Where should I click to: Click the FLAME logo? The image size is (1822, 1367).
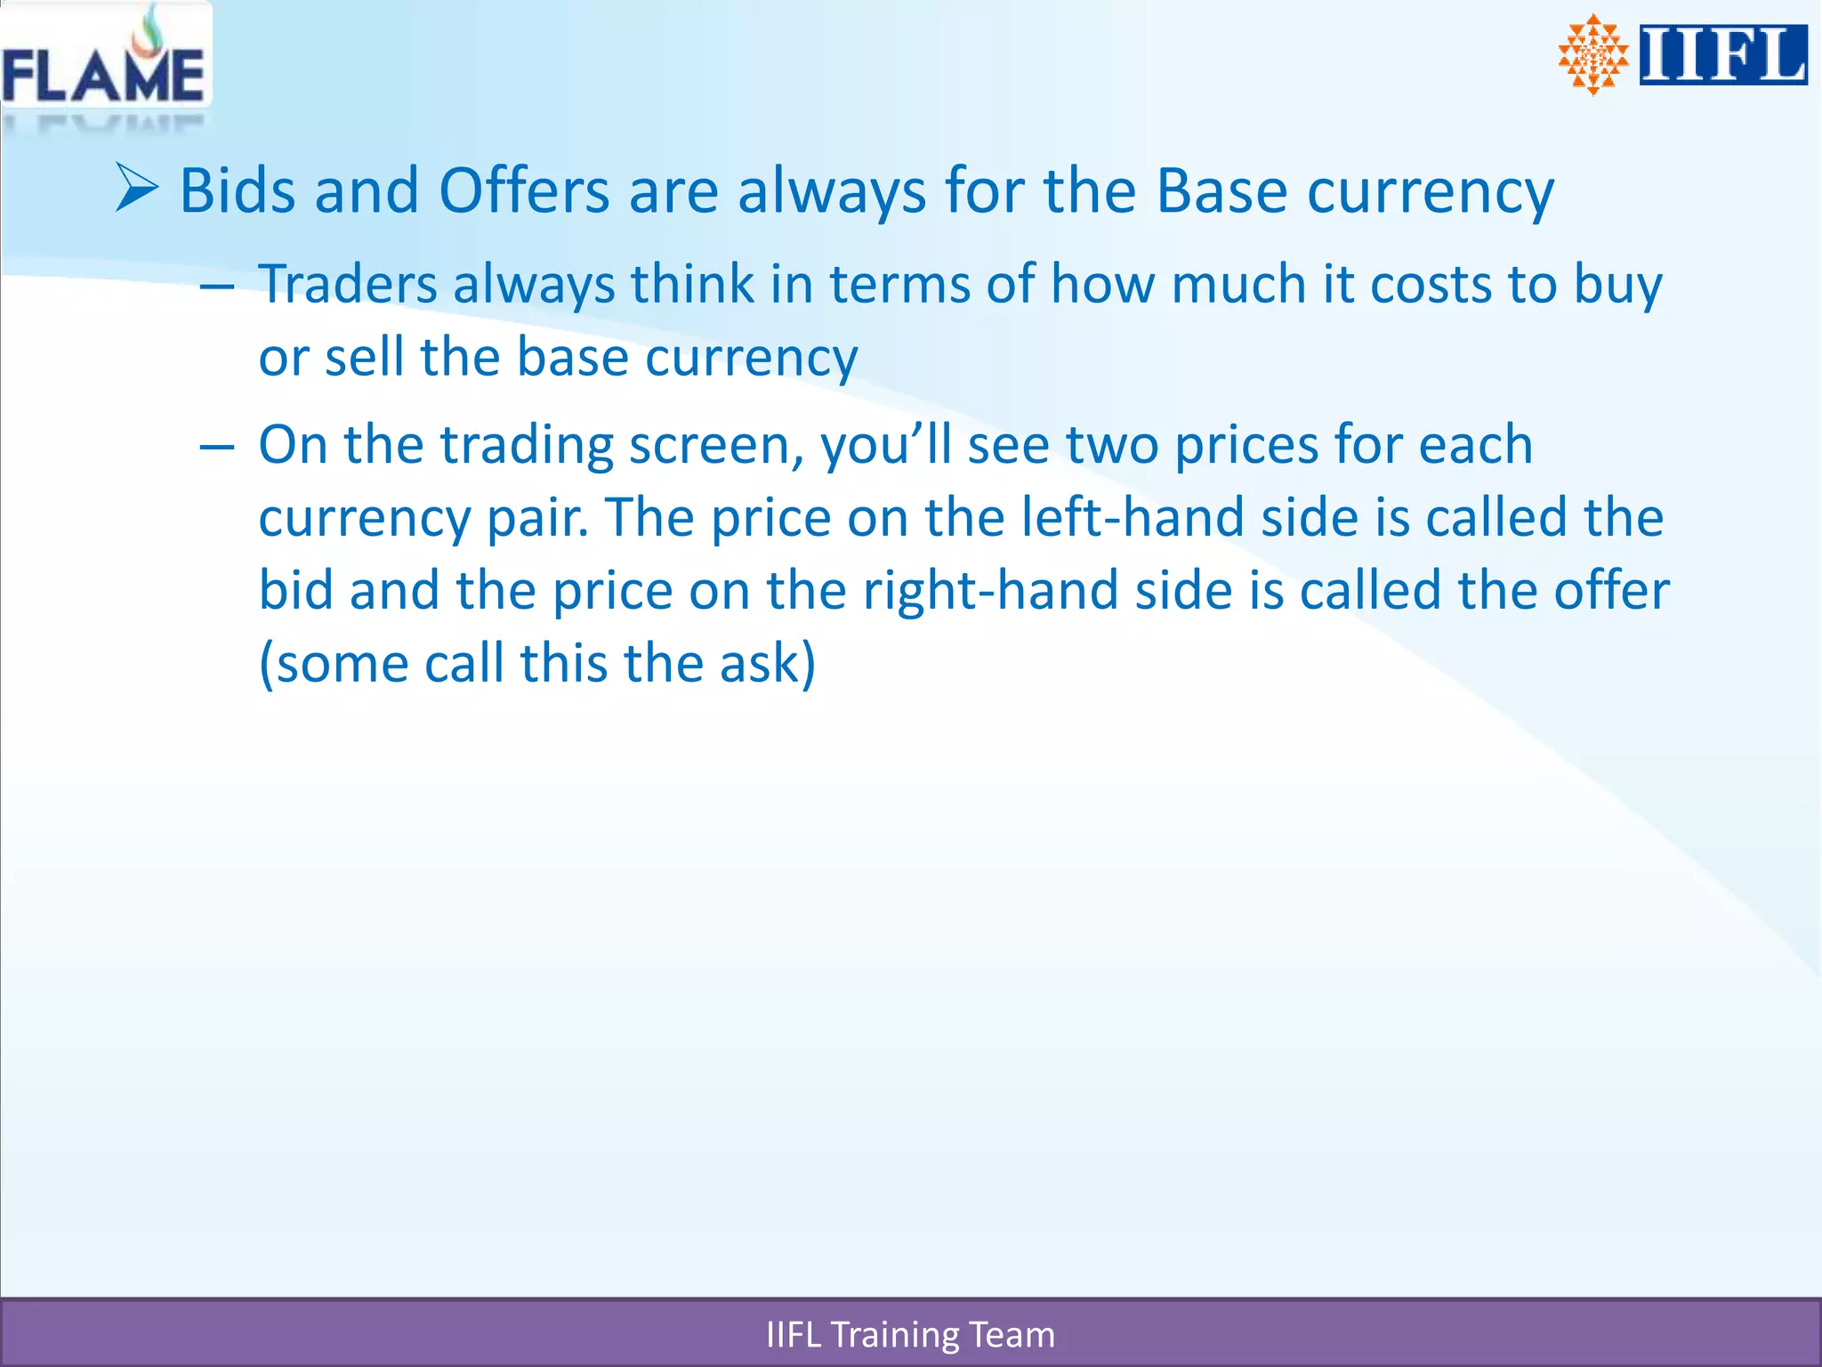point(104,62)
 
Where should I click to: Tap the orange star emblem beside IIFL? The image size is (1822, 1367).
point(1592,54)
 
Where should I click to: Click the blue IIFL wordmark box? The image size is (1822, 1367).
point(1723,55)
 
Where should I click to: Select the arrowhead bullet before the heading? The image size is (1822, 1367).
point(137,188)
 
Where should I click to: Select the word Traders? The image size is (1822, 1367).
point(348,285)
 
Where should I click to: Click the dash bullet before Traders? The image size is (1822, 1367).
point(216,287)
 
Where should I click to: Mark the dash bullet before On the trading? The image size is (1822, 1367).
point(216,447)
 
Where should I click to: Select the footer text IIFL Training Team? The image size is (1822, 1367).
point(910,1335)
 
